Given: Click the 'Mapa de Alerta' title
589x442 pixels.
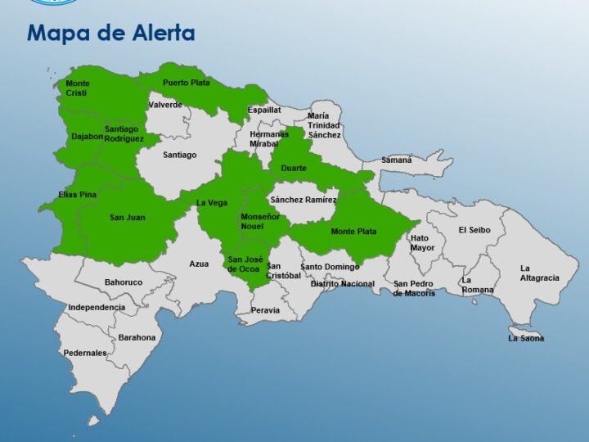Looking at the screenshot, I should pos(110,34).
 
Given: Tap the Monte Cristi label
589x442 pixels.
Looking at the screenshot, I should pos(78,88).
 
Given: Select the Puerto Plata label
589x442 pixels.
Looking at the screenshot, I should pos(186,83).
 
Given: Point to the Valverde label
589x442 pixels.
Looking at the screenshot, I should pos(165,105).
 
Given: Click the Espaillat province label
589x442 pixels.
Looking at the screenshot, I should pos(264,110).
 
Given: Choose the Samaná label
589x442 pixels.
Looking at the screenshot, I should pos(397,160).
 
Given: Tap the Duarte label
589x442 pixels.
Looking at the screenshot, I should pos(294,169).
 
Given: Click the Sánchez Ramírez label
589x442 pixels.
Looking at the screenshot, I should pos(303,200).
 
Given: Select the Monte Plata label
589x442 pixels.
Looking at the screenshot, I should pos(353,232).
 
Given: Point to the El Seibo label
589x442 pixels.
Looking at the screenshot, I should pos(474,230).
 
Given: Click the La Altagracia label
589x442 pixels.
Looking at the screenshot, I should pos(540,273).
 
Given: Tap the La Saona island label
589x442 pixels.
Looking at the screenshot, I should pos(526,338).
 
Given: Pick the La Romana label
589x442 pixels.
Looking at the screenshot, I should pos(478,285).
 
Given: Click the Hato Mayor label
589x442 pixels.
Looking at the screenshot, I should pos(423,243).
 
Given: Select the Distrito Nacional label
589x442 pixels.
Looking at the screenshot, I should pos(343,284).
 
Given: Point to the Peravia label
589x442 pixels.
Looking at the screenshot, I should pos(265,310).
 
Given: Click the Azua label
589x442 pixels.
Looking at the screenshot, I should pos(199,264).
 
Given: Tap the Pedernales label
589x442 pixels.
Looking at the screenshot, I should pos(85,354).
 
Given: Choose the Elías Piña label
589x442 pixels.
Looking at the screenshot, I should pos(78,195).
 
